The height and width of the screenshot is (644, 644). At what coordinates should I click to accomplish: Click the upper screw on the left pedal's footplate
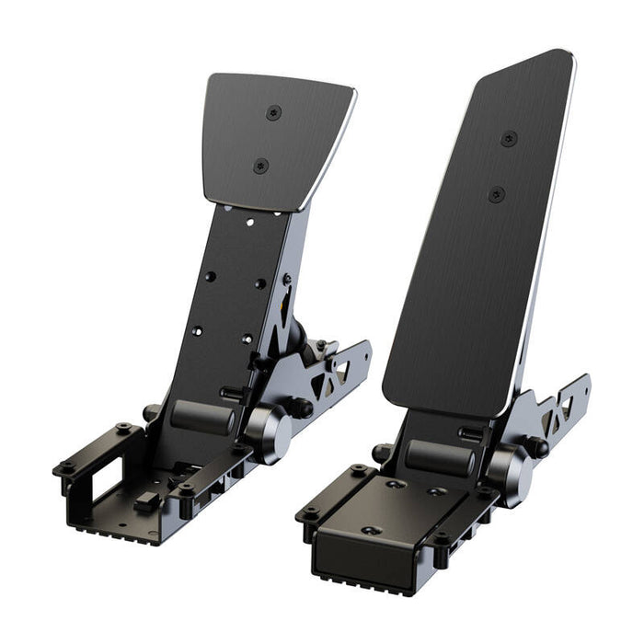coord(273,113)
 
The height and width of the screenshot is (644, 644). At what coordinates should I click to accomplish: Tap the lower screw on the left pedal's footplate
coord(260,167)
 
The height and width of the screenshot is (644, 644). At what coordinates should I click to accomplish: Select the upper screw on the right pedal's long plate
coord(509,139)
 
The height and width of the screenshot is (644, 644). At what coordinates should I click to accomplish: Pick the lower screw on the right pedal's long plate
coord(497,194)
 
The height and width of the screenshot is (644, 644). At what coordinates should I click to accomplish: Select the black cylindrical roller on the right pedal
coord(440,455)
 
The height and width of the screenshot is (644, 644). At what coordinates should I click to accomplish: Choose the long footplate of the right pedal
coord(478,230)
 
